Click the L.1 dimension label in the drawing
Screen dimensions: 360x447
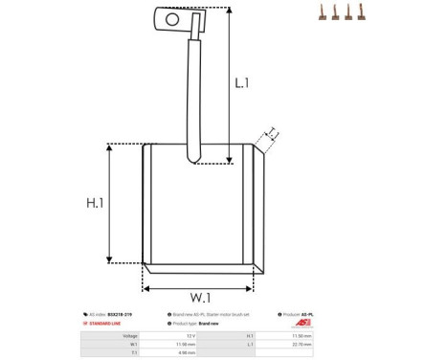[241, 84]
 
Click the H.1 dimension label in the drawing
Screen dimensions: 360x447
[94, 203]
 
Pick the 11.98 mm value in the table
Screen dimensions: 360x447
[190, 345]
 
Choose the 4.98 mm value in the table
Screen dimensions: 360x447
[190, 353]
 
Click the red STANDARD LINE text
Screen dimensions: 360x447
[106, 324]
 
